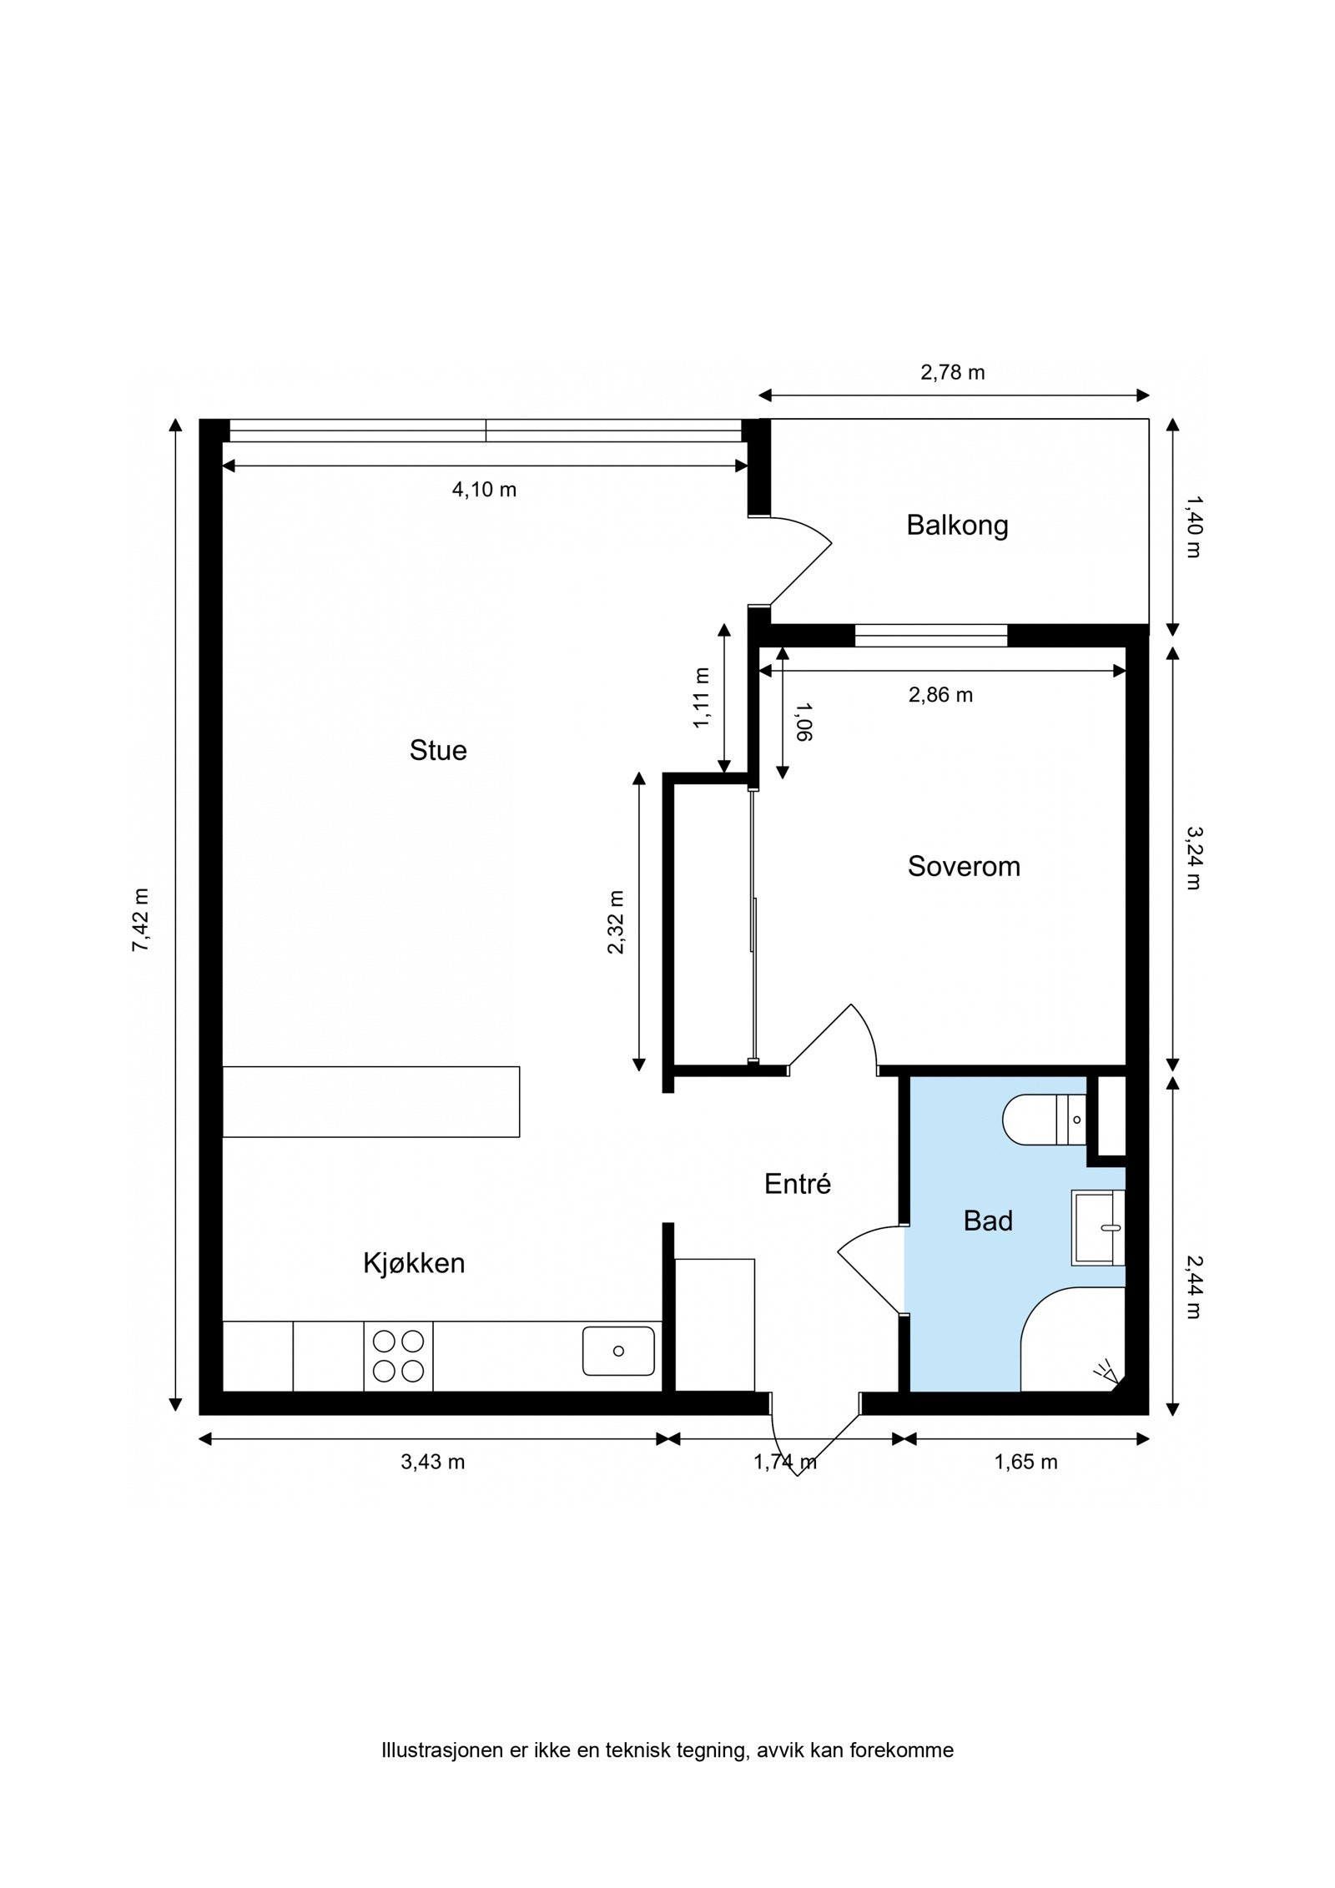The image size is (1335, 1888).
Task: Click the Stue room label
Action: (x=438, y=750)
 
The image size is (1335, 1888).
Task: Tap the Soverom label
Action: (x=964, y=866)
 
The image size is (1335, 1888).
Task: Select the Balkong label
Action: (x=957, y=526)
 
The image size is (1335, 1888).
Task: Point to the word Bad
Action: (x=988, y=1221)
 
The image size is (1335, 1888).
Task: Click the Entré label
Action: (x=798, y=1184)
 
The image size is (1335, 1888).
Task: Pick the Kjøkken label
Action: (x=414, y=1262)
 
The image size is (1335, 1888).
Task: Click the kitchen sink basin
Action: (x=618, y=1351)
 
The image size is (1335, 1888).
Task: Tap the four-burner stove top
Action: (x=398, y=1356)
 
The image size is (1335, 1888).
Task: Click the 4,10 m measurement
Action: (x=484, y=490)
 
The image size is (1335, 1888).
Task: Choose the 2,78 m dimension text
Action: (x=953, y=372)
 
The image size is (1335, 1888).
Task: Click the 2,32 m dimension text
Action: (x=616, y=922)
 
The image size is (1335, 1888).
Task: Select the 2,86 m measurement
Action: (x=940, y=695)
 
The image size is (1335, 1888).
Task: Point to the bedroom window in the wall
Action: (x=931, y=635)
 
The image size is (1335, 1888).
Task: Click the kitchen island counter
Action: (x=370, y=1101)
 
